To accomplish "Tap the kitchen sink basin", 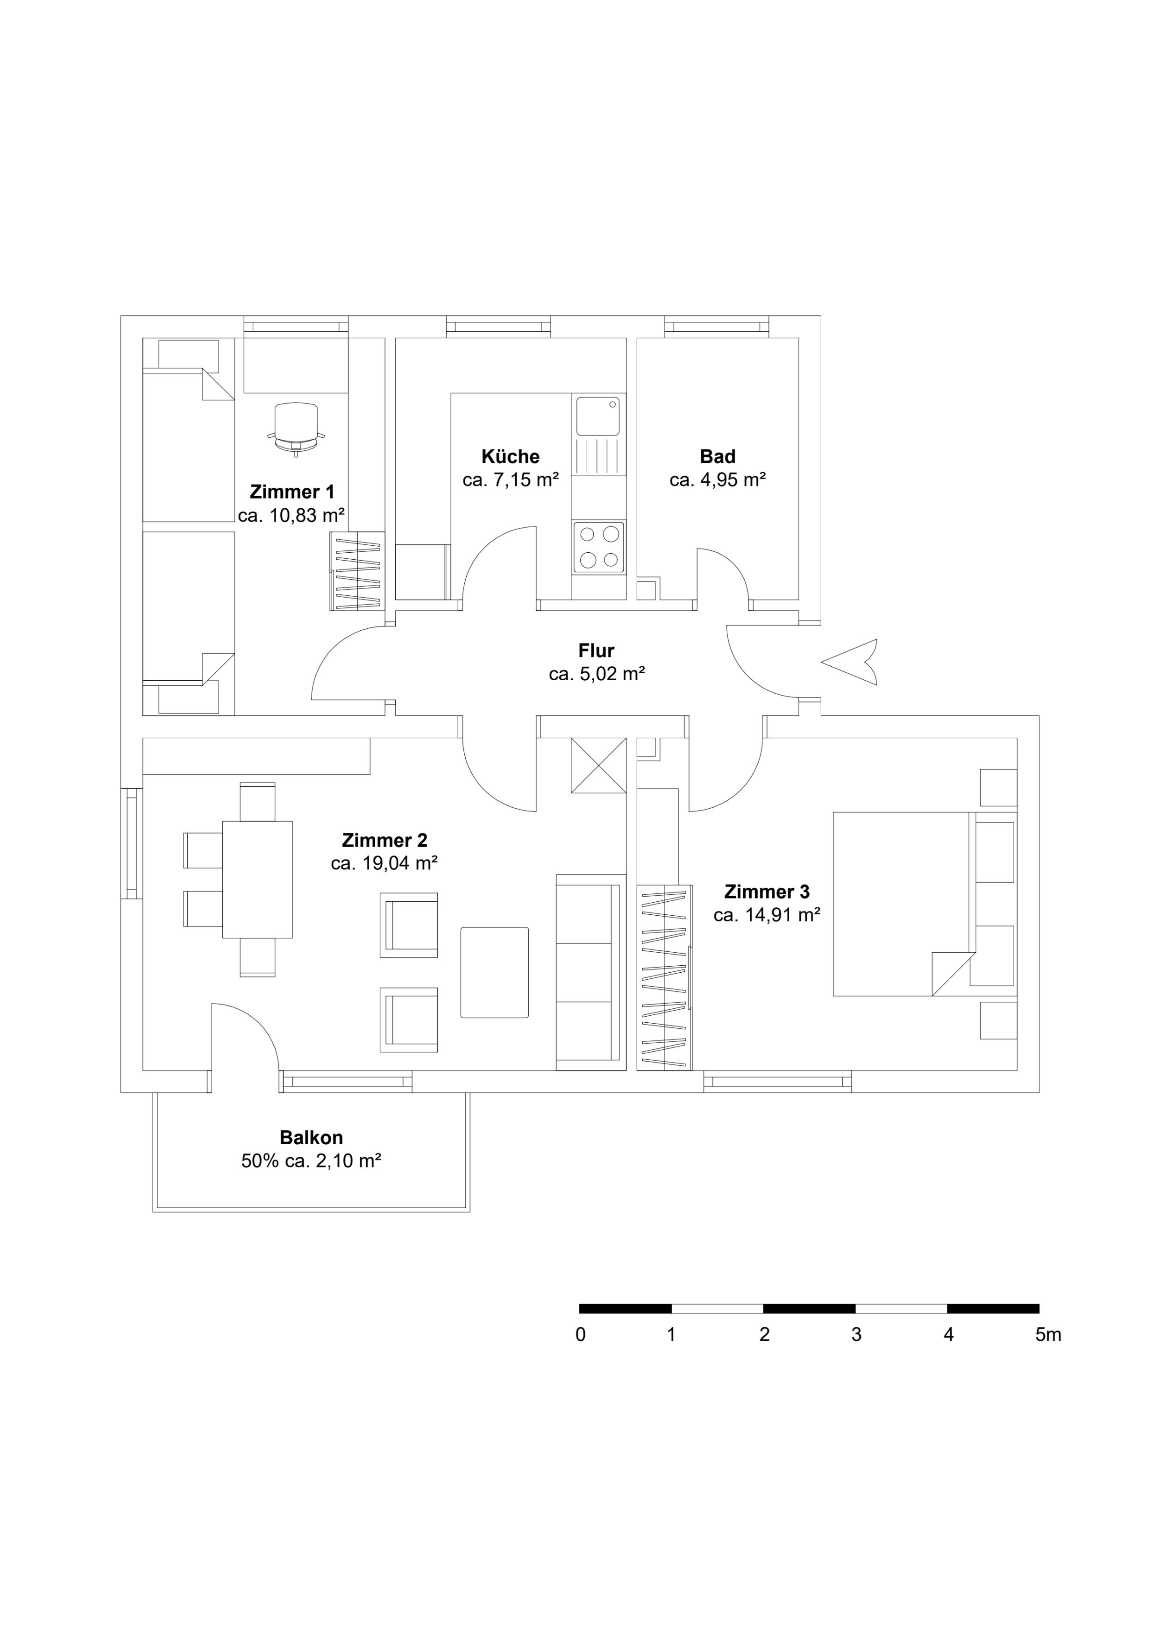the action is tap(598, 417).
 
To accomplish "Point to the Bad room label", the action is tap(717, 456).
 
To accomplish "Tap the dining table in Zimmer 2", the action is tap(258, 879).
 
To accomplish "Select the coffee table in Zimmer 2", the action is tap(495, 972).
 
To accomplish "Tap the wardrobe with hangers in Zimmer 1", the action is tap(357, 571).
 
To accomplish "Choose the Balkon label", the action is tap(311, 1137).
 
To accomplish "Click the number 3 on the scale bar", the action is tap(856, 1334).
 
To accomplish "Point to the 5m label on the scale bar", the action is tap(1048, 1334).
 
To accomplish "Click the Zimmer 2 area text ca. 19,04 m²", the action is tap(384, 863).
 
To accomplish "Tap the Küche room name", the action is tap(510, 456).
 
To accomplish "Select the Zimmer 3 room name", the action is tap(767, 891).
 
